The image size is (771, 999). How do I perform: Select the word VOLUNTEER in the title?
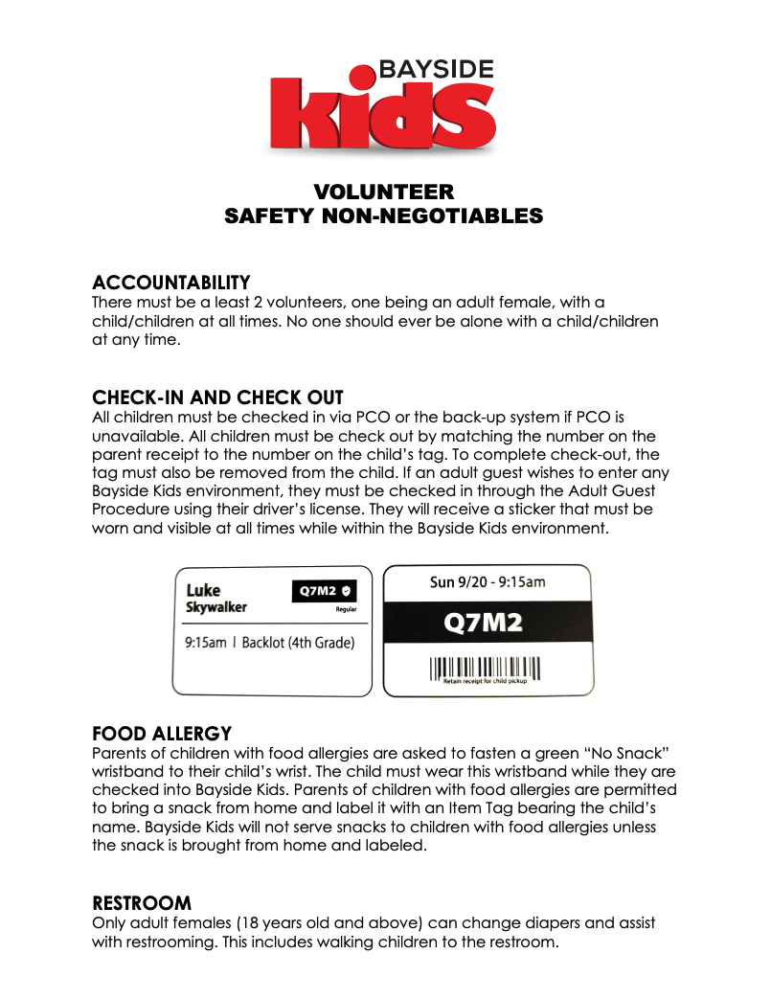(x=384, y=192)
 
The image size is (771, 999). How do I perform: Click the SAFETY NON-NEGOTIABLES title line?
(x=384, y=216)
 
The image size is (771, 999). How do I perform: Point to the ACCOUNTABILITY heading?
(x=171, y=283)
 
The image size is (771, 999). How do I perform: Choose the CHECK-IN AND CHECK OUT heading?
(x=217, y=397)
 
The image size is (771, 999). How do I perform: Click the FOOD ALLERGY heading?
(x=162, y=734)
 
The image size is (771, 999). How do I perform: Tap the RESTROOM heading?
(x=142, y=903)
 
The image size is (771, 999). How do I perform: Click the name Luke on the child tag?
(x=203, y=590)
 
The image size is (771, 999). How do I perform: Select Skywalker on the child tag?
(x=216, y=607)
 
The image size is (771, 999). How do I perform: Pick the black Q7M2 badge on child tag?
(x=324, y=591)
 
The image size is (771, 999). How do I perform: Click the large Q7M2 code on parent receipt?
(x=488, y=624)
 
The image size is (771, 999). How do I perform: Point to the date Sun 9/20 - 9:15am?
(x=488, y=582)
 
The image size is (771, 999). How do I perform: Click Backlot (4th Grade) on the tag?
(x=298, y=642)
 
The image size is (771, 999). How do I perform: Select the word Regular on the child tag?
(x=346, y=608)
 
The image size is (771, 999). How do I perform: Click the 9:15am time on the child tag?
(x=205, y=642)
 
